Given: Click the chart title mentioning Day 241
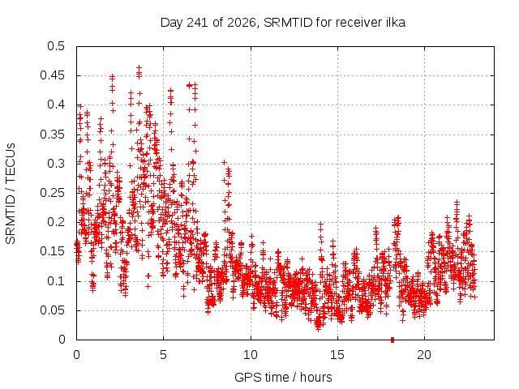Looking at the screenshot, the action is (x=283, y=23).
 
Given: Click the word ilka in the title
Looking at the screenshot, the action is (x=396, y=23).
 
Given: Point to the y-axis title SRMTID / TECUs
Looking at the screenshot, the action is (x=11, y=194).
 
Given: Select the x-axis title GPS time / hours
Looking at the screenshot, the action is (x=283, y=377).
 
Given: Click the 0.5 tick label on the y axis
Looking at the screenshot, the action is (x=56, y=46).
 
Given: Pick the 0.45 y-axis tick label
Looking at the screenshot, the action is (x=52, y=75).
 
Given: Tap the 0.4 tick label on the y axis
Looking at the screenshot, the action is (x=56, y=105).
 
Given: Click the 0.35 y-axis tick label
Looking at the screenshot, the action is (x=52, y=135).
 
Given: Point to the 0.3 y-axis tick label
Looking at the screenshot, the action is (x=56, y=164).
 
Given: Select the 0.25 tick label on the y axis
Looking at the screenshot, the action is (x=52, y=193).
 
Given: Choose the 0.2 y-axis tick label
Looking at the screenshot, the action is (x=56, y=222).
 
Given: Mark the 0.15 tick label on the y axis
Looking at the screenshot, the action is (x=52, y=251).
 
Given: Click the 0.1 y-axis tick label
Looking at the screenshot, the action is (x=56, y=281).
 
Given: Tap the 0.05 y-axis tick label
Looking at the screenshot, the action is (x=52, y=310).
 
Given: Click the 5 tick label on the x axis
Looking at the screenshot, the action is (x=164, y=355).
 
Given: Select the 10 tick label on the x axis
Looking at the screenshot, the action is (x=251, y=355).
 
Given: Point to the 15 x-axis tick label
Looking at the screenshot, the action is (x=337, y=355).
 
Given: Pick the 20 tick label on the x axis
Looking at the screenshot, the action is (x=424, y=355).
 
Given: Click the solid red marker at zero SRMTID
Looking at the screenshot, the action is (x=392, y=340).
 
